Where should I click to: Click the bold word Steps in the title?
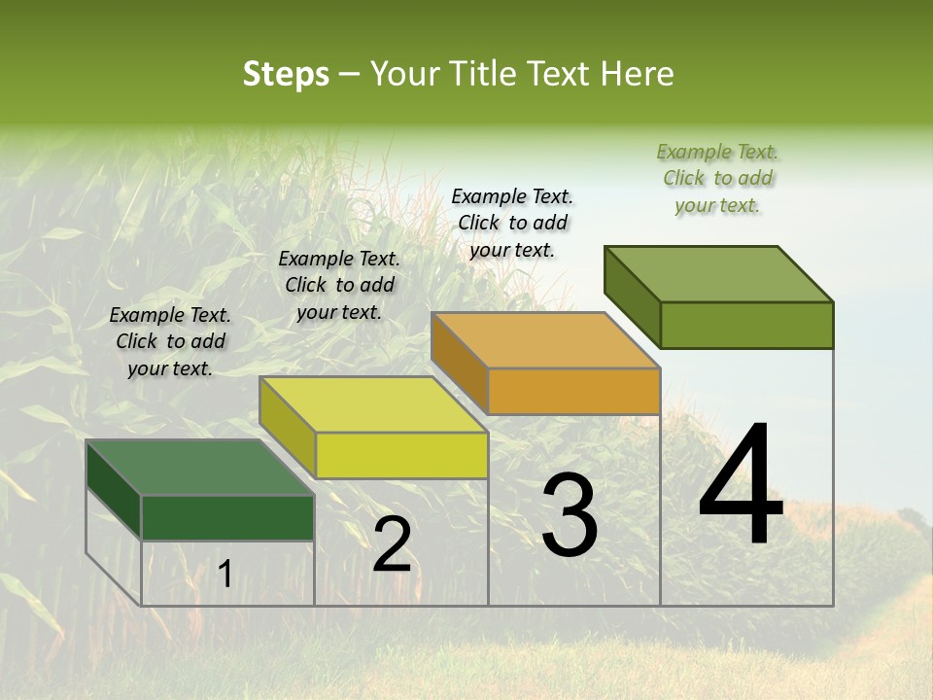(286, 74)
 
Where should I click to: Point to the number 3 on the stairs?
(569, 516)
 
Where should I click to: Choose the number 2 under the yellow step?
(392, 543)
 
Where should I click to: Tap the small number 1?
(225, 575)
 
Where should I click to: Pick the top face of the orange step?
(545, 340)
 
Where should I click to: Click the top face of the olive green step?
(718, 274)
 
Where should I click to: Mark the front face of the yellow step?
(401, 455)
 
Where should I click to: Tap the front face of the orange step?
(573, 392)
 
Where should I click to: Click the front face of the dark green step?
(227, 517)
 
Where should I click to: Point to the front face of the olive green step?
(746, 325)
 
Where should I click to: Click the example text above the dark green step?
(170, 341)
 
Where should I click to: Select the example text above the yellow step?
(339, 285)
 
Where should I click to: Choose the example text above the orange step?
(512, 223)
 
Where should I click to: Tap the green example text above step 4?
(717, 178)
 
